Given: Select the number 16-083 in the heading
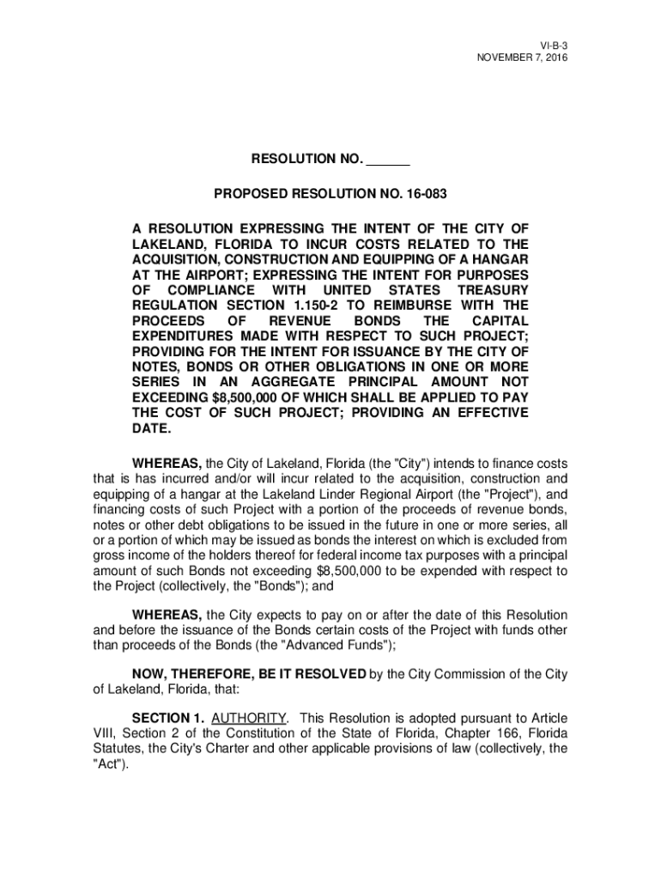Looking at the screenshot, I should coord(426,195).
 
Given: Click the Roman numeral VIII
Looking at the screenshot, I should coord(106,733).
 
